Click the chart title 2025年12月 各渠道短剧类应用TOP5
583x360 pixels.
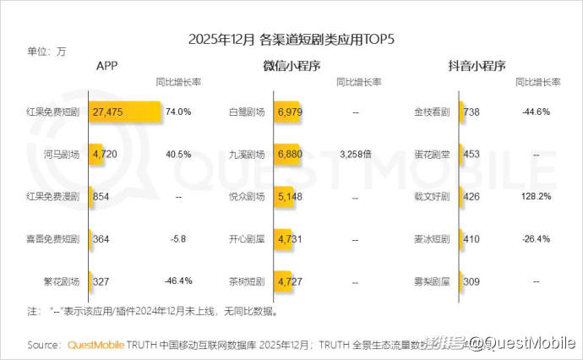(291, 39)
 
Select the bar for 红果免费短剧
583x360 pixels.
(124, 112)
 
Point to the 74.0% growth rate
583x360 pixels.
(178, 112)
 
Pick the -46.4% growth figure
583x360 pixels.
(178, 281)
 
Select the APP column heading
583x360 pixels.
(106, 65)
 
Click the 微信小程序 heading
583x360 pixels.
(291, 65)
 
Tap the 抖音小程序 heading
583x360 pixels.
(476, 65)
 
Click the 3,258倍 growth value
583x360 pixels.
(356, 154)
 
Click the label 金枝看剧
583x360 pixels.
(432, 112)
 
